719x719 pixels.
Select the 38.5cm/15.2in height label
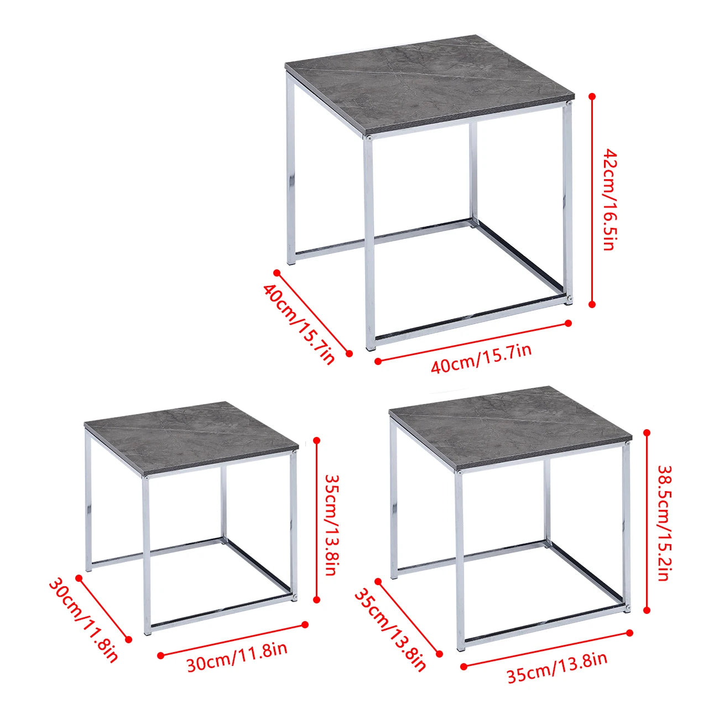click(664, 523)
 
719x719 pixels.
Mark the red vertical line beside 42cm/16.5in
click(592, 199)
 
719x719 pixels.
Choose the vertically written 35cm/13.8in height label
click(331, 524)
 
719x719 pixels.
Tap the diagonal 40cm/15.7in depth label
click(299, 324)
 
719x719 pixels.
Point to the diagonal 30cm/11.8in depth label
click(84, 619)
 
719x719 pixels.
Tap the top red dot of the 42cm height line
click(592, 97)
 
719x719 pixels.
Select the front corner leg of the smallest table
click(147, 553)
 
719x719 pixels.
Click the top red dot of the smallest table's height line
click(317, 441)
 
